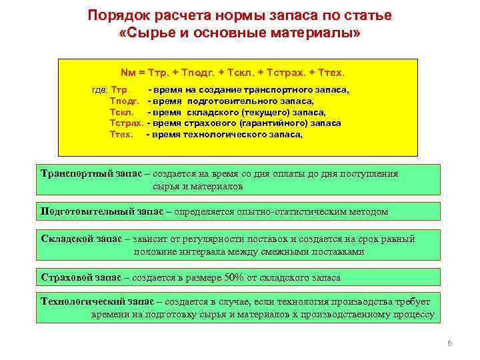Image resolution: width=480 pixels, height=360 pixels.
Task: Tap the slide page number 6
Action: pyautogui.click(x=449, y=343)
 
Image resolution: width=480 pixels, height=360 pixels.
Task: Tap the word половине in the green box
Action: pyautogui.click(x=157, y=251)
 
